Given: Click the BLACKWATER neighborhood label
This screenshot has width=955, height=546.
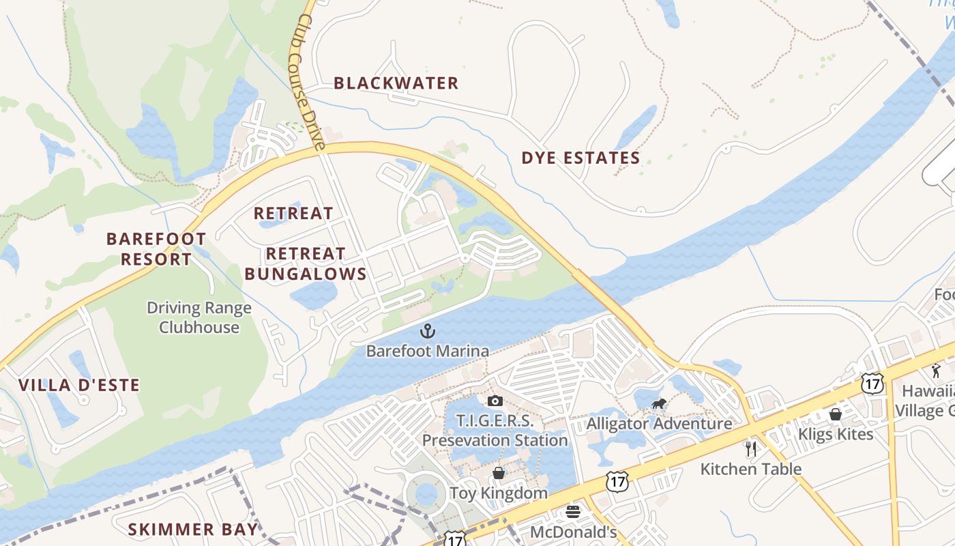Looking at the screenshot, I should [396, 83].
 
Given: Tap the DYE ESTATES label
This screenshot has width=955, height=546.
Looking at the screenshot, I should [581, 158].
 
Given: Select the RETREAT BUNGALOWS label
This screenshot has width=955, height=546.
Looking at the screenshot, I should [306, 264].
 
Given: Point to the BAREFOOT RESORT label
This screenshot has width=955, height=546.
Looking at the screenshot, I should [156, 249].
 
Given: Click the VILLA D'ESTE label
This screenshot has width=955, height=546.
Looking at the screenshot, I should [79, 385].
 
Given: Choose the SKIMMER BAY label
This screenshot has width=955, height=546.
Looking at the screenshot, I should [194, 529].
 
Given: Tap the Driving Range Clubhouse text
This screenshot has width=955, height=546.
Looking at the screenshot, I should [199, 317].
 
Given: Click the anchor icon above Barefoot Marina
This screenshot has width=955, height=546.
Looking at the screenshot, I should [427, 332].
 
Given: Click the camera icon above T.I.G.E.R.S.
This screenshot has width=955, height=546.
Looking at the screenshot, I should [495, 401].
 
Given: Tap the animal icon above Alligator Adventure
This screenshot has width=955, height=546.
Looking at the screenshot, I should [659, 404].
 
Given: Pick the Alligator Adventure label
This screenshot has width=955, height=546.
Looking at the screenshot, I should [659, 423].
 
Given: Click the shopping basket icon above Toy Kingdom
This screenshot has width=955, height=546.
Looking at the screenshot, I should [499, 473].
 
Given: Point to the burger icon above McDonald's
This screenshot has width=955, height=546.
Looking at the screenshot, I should [573, 512].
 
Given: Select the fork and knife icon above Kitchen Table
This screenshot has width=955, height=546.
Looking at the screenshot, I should [751, 448].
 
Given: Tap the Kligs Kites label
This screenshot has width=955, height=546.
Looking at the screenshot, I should [836, 433].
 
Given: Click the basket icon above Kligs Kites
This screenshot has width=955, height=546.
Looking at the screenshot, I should [836, 414].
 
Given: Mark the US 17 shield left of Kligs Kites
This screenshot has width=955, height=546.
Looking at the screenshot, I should [872, 383].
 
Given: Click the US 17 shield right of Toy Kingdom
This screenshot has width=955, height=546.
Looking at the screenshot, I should [616, 482].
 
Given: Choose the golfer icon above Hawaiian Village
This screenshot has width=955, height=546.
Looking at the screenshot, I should [936, 371].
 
